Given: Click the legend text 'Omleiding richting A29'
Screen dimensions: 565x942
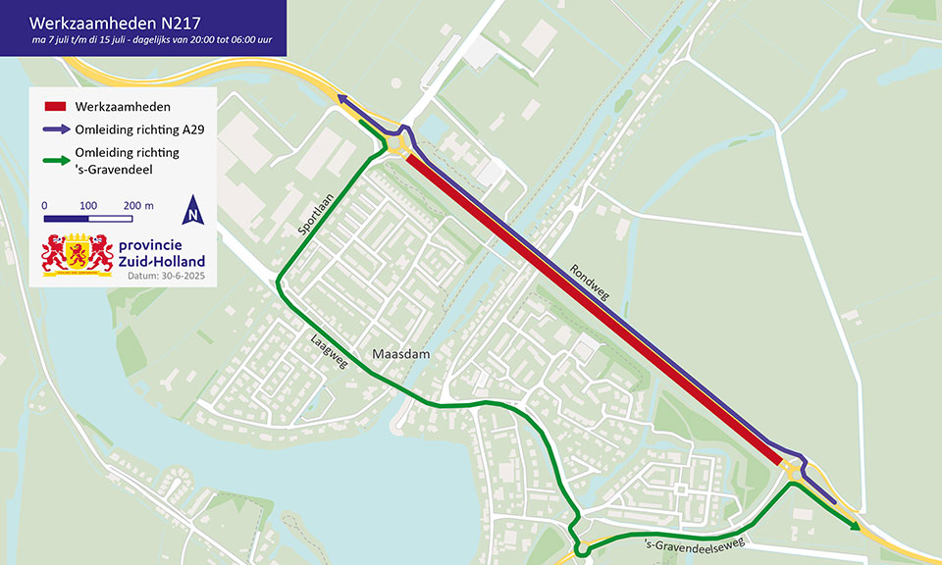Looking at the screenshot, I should pos(137,129).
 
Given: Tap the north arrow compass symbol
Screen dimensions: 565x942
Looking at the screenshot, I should pos(193,209).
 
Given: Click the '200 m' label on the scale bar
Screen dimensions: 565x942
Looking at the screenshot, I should pos(138,205).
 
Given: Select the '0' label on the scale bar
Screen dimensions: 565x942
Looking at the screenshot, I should pos(44,205).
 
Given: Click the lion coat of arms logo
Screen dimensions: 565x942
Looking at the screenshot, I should pos(76,254).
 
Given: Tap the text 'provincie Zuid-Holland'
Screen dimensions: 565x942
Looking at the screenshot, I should pos(161,254).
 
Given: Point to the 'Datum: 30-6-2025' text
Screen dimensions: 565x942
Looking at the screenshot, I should pos(166,277).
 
